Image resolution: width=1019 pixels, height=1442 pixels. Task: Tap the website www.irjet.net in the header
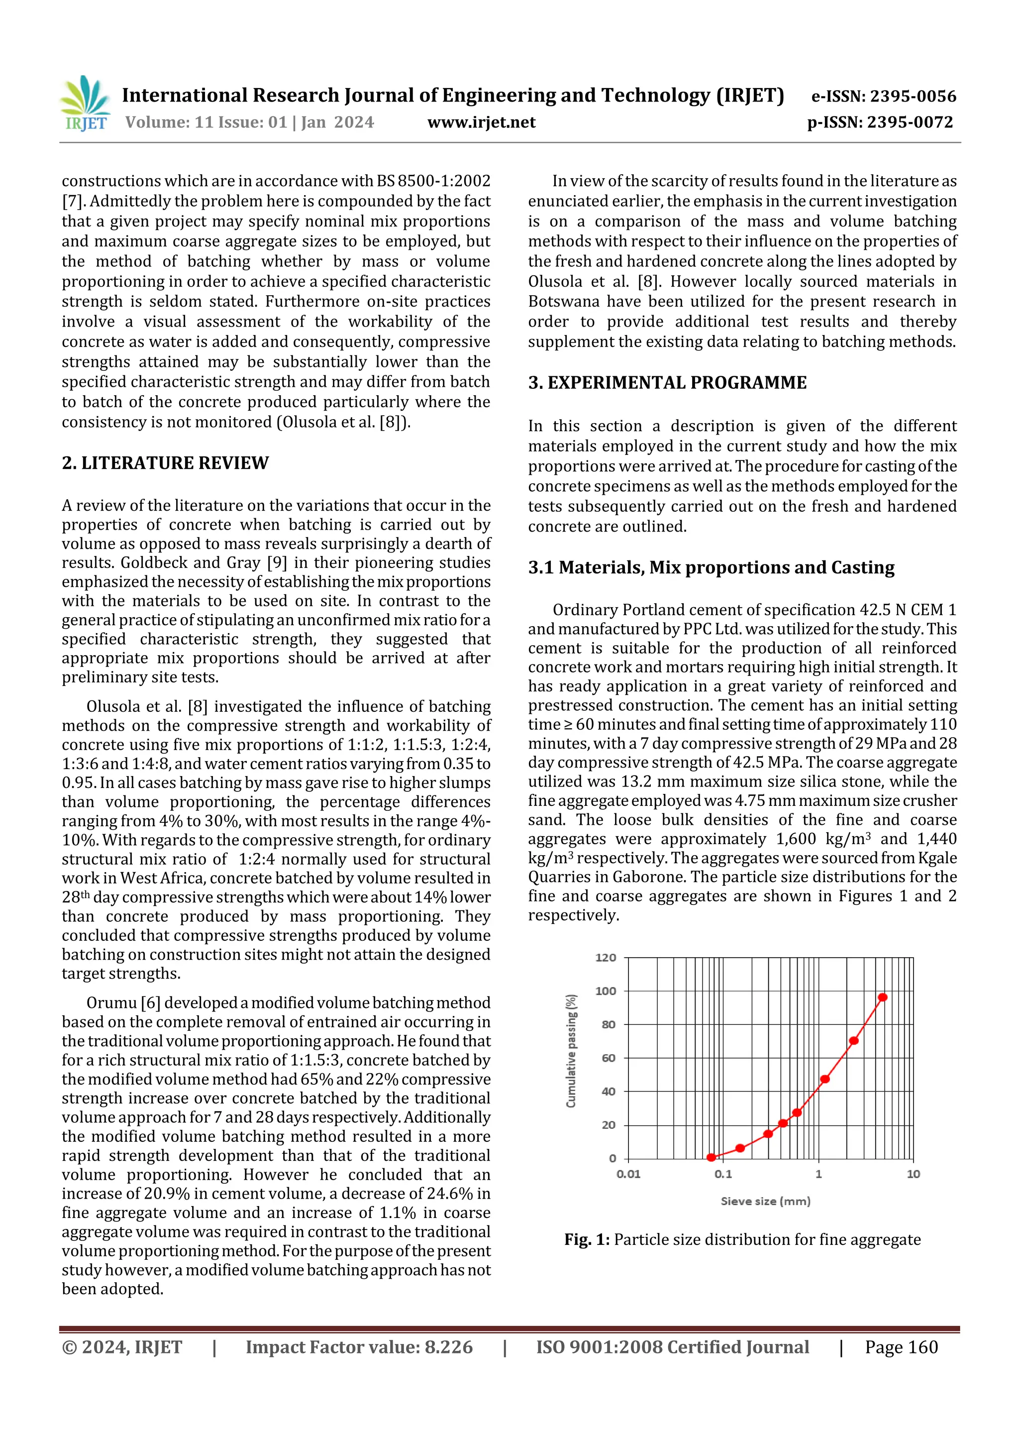pyautogui.click(x=481, y=122)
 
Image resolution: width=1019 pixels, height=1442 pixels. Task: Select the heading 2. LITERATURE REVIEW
pyautogui.click(x=165, y=463)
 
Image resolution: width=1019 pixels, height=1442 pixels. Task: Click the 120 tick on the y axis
pyautogui.click(x=605, y=958)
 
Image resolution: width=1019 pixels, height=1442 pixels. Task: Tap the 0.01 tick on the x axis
pyautogui.click(x=628, y=1174)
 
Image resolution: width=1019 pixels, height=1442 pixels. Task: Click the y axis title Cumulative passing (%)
pyautogui.click(x=571, y=1051)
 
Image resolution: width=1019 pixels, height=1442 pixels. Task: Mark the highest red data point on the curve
pyautogui.click(x=882, y=998)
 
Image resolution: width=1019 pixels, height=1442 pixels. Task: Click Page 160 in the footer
pyautogui.click(x=901, y=1347)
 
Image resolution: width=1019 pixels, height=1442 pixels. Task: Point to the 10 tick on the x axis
pyautogui.click(x=913, y=1174)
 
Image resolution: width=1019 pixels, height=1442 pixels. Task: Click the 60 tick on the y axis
pyautogui.click(x=608, y=1058)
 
